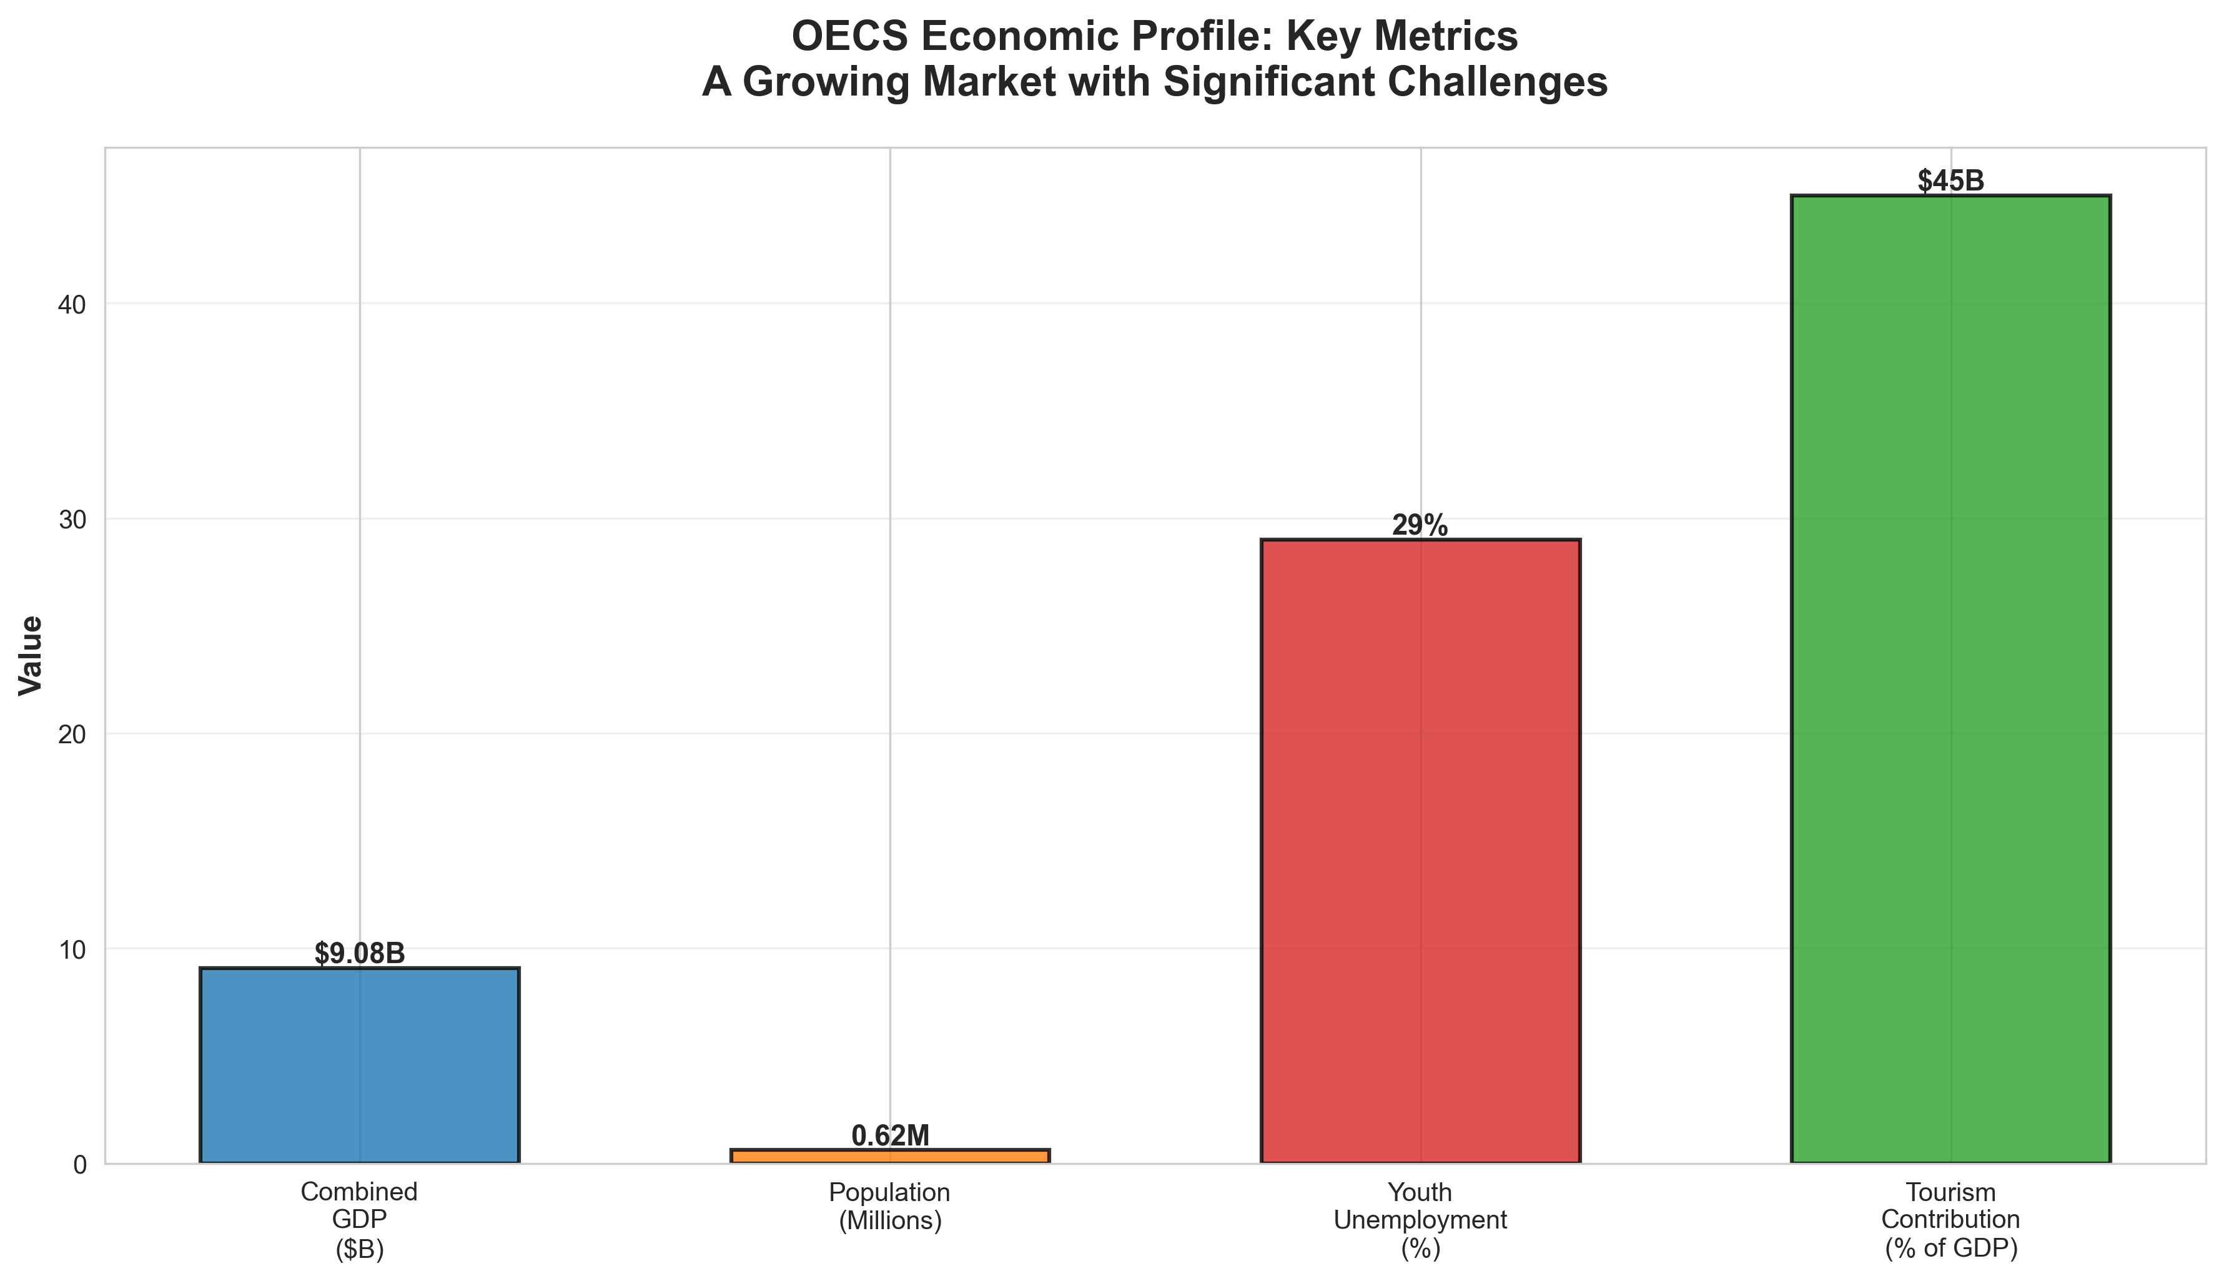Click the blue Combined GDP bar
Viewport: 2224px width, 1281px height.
(x=359, y=1066)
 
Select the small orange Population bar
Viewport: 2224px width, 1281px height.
(x=889, y=1156)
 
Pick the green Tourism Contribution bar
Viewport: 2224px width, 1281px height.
(x=1950, y=679)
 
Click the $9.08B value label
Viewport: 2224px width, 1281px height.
(x=359, y=954)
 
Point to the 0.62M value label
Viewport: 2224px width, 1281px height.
(x=889, y=1136)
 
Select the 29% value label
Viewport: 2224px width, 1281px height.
(x=1420, y=525)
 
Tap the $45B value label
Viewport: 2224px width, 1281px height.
(x=1950, y=181)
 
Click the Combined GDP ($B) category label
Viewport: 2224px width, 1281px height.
(x=359, y=1220)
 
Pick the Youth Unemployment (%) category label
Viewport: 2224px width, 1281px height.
(x=1420, y=1220)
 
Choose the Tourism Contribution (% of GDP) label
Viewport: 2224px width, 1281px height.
(x=1950, y=1220)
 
